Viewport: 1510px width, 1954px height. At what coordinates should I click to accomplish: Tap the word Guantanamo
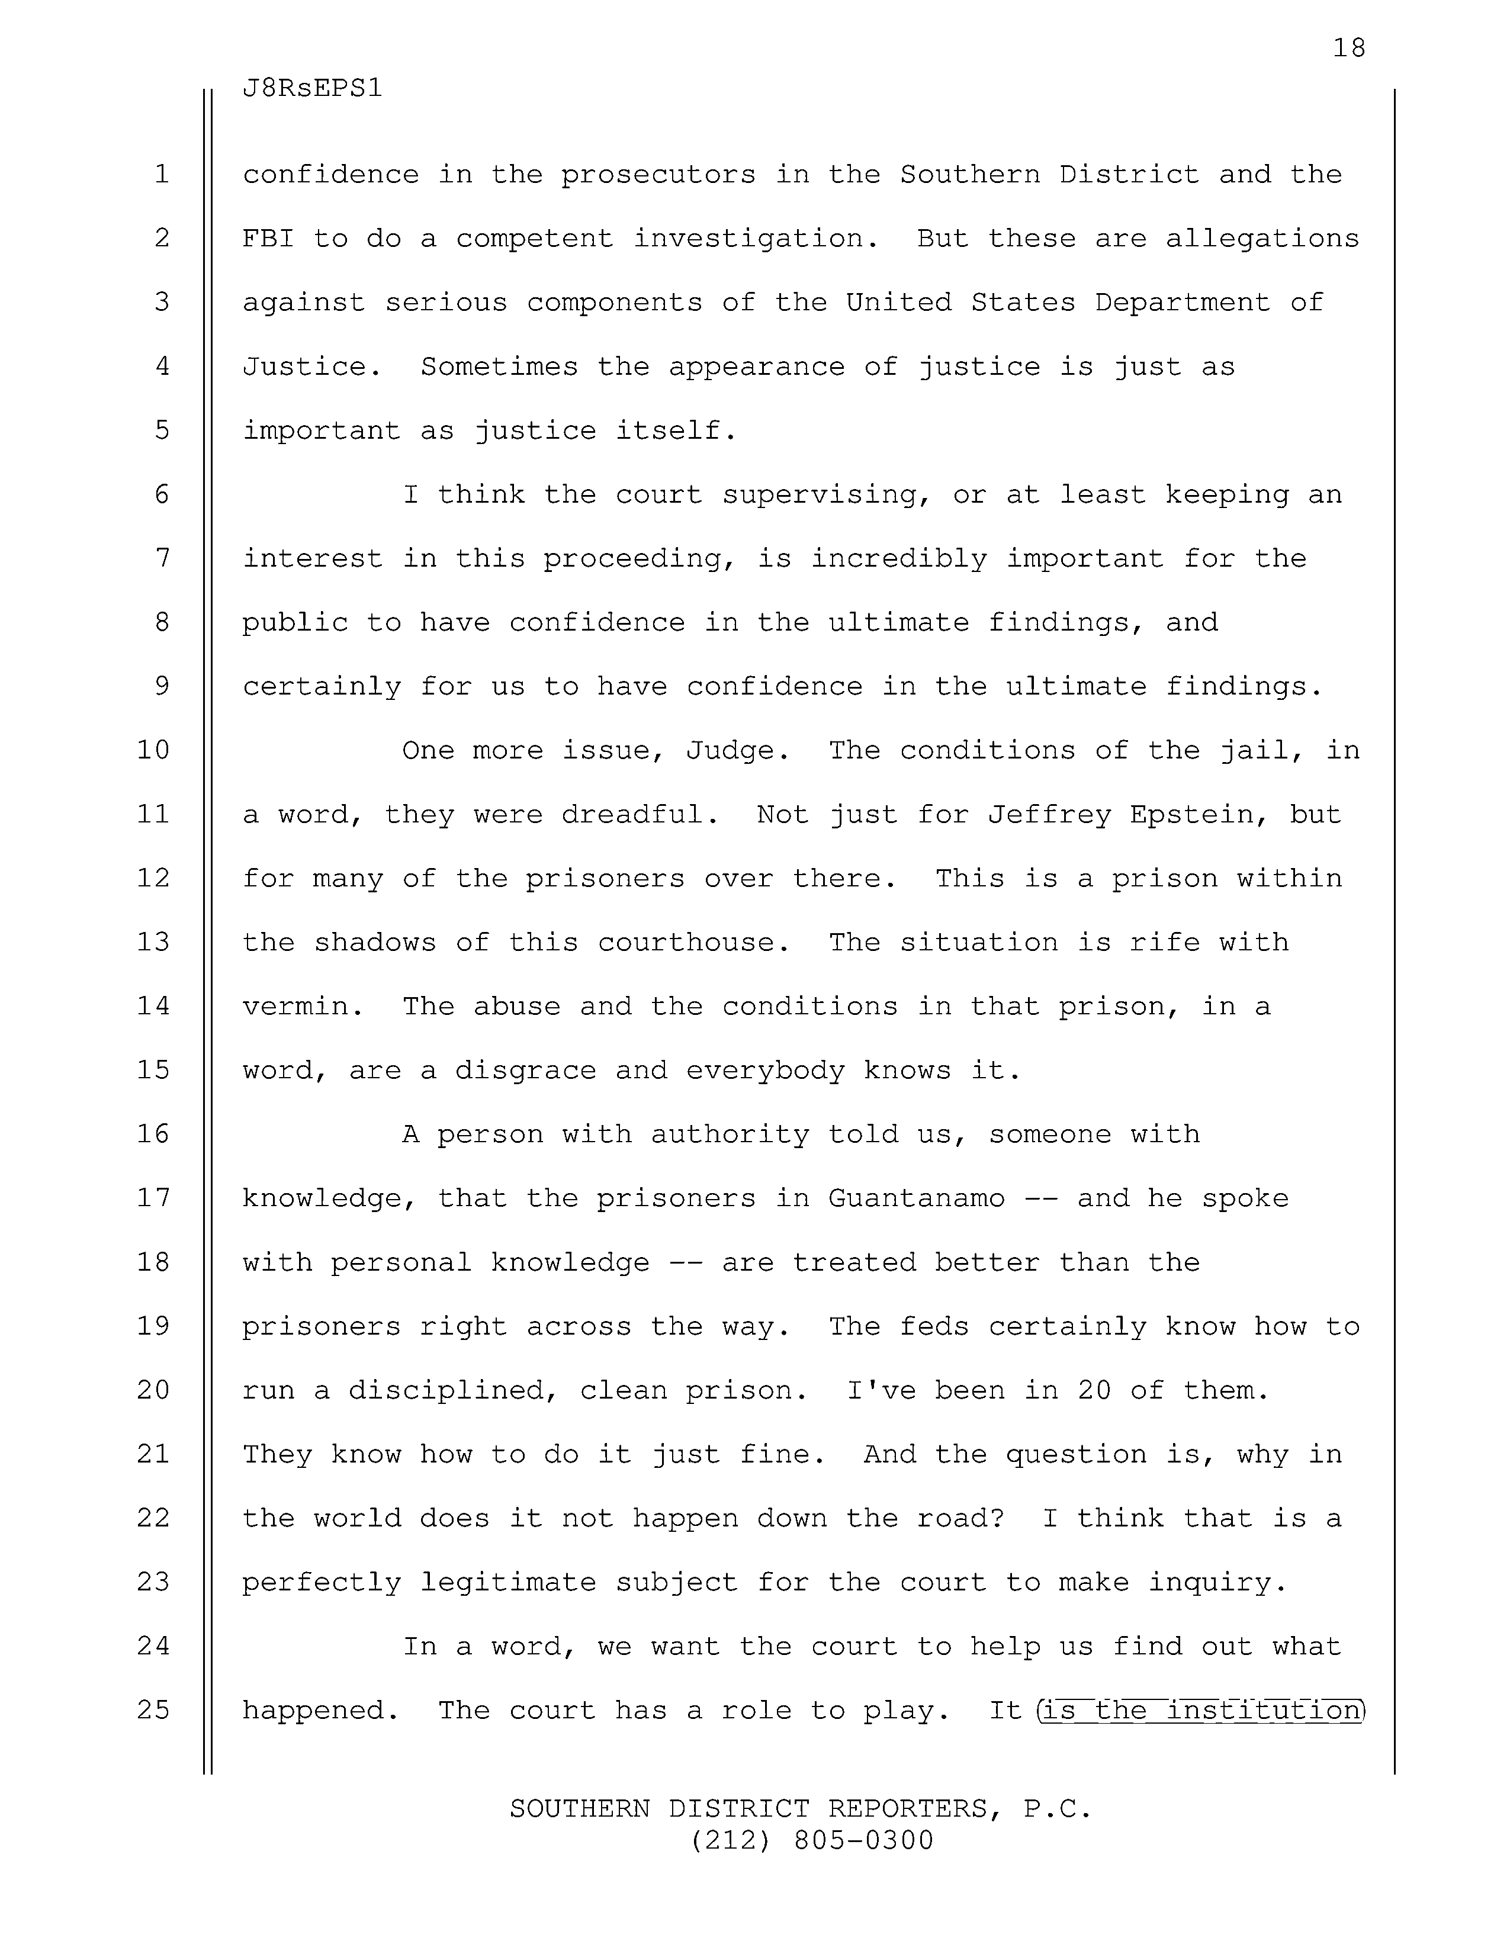click(x=916, y=1198)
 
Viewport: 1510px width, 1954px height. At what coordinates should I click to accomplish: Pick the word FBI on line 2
click(x=268, y=239)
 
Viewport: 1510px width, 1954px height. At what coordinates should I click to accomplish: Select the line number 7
click(x=162, y=559)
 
